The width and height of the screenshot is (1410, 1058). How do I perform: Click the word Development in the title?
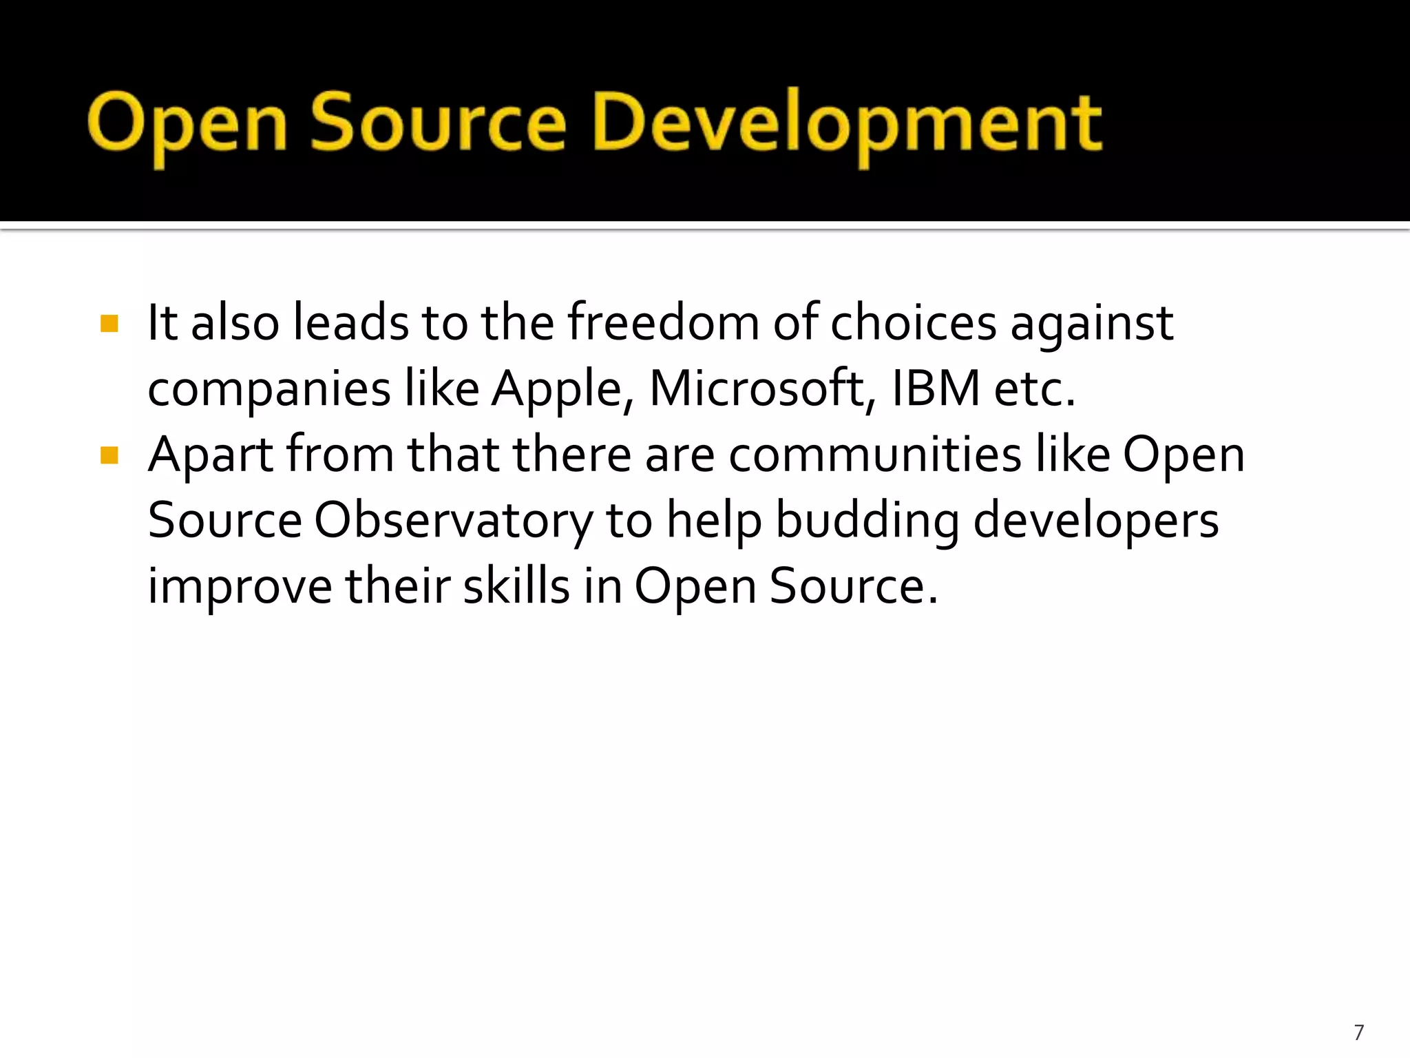(848, 124)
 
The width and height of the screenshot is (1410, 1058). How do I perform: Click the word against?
(1092, 324)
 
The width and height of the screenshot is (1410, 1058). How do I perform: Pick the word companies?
(269, 389)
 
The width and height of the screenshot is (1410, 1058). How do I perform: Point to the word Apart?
(211, 455)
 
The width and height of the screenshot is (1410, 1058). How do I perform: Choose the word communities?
(875, 455)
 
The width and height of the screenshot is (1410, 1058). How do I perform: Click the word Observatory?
(453, 521)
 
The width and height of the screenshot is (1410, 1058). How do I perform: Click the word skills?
(516, 585)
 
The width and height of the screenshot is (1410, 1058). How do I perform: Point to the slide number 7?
(1358, 1033)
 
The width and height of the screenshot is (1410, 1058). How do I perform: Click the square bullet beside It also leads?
(109, 323)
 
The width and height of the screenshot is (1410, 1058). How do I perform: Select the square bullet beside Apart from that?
(109, 455)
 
